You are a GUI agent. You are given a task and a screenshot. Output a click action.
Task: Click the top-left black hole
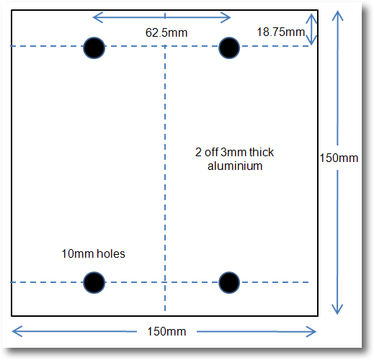[x=94, y=48]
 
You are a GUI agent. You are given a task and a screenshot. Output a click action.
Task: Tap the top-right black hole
[x=229, y=48]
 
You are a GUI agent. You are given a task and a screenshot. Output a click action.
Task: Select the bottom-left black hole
[x=94, y=282]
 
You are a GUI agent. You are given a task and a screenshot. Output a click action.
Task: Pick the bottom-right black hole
[x=229, y=282]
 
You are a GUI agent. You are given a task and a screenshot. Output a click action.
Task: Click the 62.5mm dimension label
[x=166, y=32]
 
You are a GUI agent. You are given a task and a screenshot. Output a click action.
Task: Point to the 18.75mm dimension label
[x=281, y=32]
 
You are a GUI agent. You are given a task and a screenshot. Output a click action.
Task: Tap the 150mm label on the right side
[x=339, y=158]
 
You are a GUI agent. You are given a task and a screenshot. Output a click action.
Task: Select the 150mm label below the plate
[x=166, y=331]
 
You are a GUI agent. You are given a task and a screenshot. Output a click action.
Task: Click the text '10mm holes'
[x=94, y=253]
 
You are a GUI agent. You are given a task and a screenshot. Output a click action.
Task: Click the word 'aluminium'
[x=235, y=166]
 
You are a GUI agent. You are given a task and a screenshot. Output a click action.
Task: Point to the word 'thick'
[x=262, y=152]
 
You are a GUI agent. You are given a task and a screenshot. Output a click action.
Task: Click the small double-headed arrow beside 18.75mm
[x=311, y=30]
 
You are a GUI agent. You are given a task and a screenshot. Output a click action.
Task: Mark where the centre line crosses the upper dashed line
[x=165, y=46]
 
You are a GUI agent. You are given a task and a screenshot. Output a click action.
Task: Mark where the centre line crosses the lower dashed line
[x=165, y=282]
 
